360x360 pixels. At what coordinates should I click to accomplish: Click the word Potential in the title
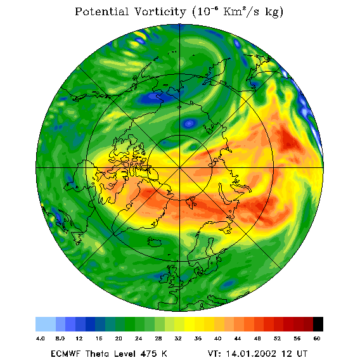pos(101,11)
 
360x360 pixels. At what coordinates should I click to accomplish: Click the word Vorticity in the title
pos(160,11)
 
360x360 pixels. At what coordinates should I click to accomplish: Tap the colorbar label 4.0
pos(41,338)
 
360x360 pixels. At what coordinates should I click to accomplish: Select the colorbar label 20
pos(119,338)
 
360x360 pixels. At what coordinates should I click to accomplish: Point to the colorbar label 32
pos(178,338)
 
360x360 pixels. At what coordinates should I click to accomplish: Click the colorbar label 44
pos(238,338)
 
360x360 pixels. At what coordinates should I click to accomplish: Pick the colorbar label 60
pos(317,338)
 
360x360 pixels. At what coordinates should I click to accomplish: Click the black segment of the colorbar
pos(318,324)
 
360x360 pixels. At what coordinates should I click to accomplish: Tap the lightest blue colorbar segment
pos(46,324)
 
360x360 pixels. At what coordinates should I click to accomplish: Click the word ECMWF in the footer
pos(65,354)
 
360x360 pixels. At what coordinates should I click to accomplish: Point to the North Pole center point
pos(180,167)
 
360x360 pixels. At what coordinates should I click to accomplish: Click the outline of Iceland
pos(156,241)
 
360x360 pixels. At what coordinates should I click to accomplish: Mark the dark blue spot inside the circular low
pos(189,124)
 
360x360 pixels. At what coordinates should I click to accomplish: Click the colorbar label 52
pos(277,338)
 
